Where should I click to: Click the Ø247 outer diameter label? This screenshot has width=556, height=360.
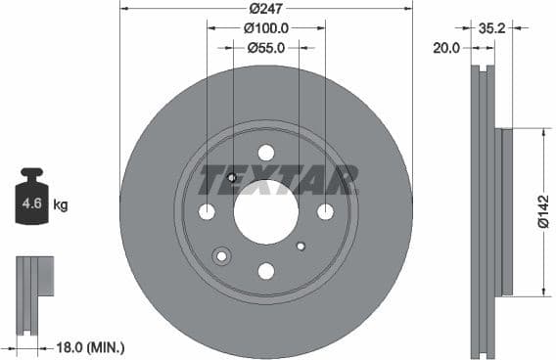[x=265, y=8]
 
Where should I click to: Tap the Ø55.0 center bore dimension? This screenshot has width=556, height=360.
[x=265, y=46]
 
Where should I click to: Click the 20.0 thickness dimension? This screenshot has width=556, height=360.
[x=446, y=46]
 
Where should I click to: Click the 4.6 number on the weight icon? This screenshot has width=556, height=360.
[x=32, y=205]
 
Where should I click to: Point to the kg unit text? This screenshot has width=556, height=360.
[x=61, y=205]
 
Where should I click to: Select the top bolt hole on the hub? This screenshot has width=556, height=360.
[x=265, y=153]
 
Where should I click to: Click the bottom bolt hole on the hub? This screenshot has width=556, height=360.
[x=265, y=271]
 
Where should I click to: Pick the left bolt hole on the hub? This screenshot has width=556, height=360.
[x=207, y=212]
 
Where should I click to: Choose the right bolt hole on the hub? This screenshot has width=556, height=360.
[x=325, y=212]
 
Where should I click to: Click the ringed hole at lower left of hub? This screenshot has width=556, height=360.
[x=221, y=255]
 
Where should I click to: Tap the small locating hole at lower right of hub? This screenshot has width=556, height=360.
[x=301, y=246]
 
